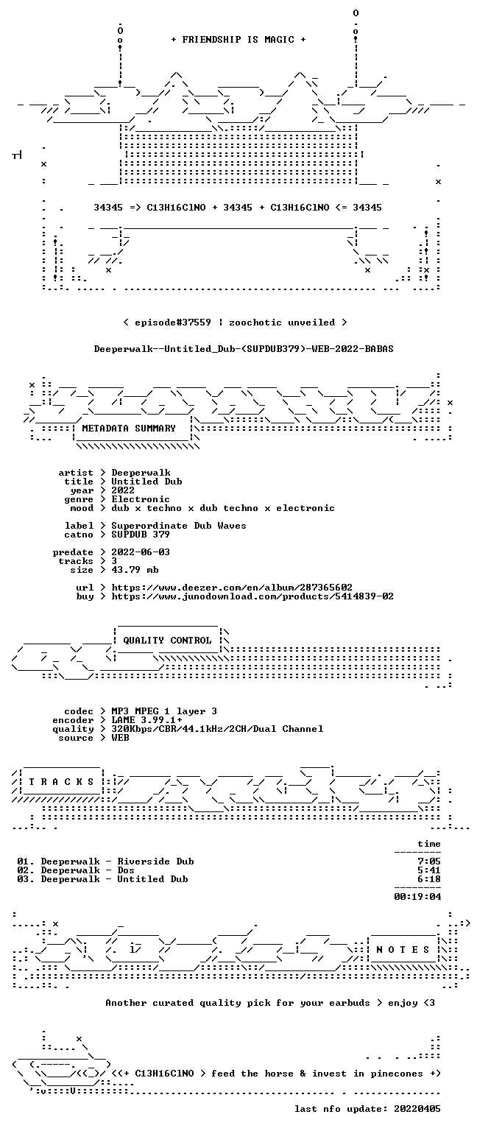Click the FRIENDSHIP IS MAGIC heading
click(239, 39)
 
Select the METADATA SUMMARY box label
click(129, 428)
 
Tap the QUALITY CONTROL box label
click(167, 640)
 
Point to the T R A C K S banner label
click(61, 781)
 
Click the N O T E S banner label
click(403, 950)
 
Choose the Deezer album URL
click(232, 587)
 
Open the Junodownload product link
click(252, 596)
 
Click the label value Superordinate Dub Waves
click(179, 526)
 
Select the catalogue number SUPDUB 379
click(141, 534)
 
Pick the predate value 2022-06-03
click(141, 552)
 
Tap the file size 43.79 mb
click(135, 569)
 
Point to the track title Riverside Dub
click(155, 862)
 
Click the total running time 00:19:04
click(417, 897)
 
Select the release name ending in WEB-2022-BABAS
click(244, 349)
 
